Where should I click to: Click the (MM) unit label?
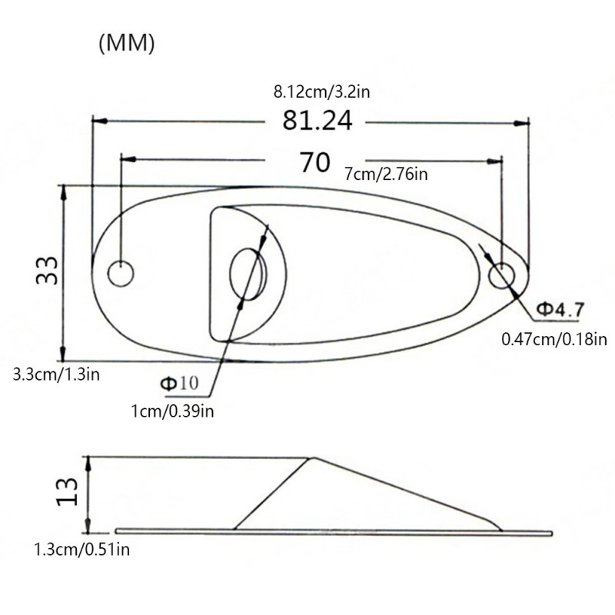(x=127, y=43)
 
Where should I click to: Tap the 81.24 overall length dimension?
(x=317, y=121)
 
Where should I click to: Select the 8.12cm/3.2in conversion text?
(x=321, y=92)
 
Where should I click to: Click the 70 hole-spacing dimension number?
(x=315, y=162)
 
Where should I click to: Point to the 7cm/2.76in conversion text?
(x=386, y=174)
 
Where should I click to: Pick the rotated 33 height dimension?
(x=47, y=271)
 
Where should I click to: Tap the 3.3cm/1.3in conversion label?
(x=56, y=374)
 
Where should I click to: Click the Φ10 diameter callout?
(x=180, y=383)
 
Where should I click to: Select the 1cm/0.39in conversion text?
(x=172, y=411)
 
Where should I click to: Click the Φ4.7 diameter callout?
(x=560, y=310)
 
